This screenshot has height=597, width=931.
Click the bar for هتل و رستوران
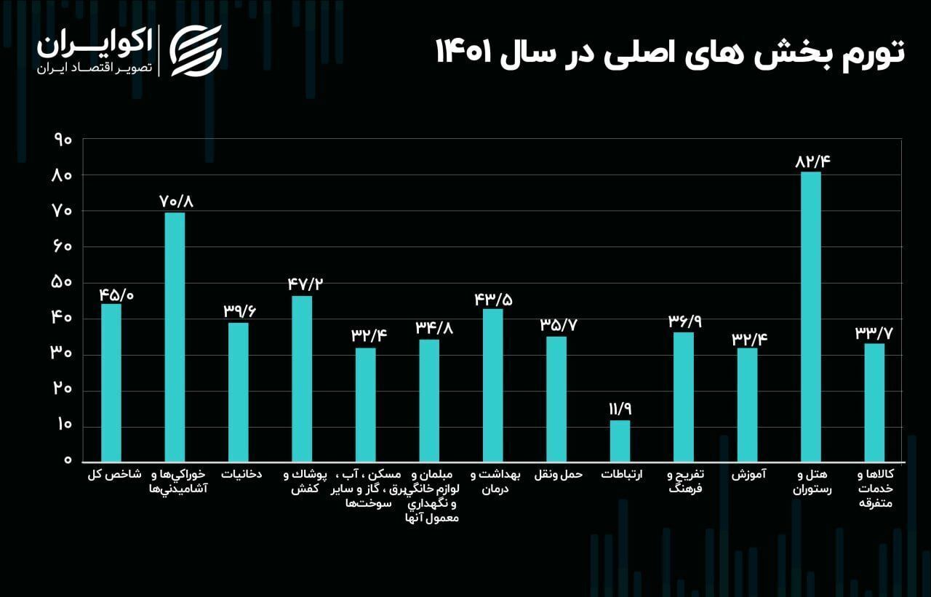(810, 317)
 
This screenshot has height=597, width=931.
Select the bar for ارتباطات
(620, 441)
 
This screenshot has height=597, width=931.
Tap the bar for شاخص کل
(111, 382)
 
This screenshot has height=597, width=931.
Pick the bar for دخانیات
(239, 392)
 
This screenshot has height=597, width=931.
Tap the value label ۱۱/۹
(620, 409)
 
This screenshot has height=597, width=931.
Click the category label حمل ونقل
(559, 475)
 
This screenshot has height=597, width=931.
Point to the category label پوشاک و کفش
(305, 482)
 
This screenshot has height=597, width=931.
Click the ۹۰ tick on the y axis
(63, 140)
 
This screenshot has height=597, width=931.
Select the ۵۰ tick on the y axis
(63, 282)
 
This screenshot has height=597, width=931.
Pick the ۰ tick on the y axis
(68, 460)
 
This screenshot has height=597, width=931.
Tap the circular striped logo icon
(196, 50)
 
